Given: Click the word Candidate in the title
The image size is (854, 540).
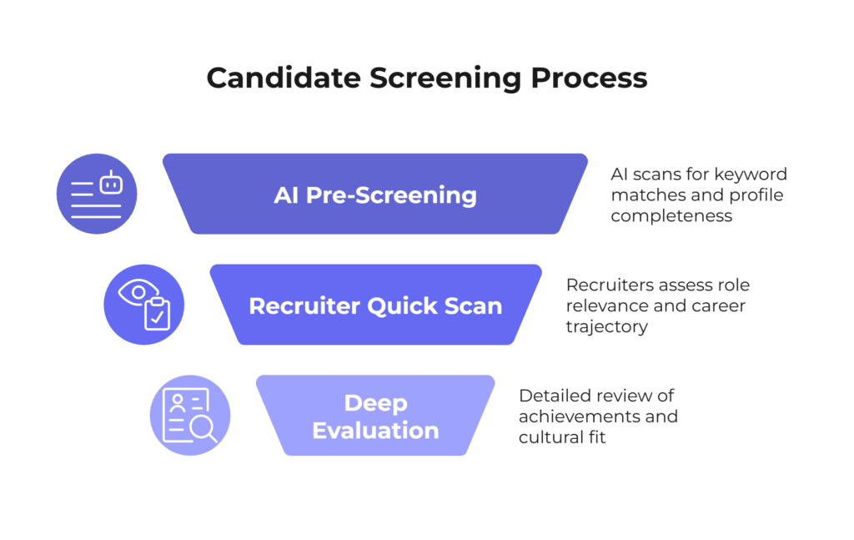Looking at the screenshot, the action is click(284, 78).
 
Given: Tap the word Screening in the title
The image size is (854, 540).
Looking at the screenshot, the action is click(445, 78).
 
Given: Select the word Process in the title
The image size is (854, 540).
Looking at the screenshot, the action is click(590, 78).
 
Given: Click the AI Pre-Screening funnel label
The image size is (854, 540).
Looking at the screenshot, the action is click(374, 195).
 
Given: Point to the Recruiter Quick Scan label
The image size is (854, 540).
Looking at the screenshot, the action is click(375, 305).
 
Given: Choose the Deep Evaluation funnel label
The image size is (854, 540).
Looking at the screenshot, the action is click(375, 416).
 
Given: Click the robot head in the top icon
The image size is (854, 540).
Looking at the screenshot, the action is click(111, 183).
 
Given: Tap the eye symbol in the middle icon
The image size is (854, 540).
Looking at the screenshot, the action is click(138, 292).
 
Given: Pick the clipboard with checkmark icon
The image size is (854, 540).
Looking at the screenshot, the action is click(157, 314).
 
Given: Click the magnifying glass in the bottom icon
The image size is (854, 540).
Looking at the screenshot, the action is click(204, 428).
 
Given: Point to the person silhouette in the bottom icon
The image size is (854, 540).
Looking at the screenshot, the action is click(178, 403).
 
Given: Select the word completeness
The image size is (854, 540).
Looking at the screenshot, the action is click(671, 216).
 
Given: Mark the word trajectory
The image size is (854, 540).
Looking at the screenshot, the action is click(607, 327).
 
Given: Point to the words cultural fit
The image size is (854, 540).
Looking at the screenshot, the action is click(562, 437).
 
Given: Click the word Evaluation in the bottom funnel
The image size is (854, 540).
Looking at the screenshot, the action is click(375, 431).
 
